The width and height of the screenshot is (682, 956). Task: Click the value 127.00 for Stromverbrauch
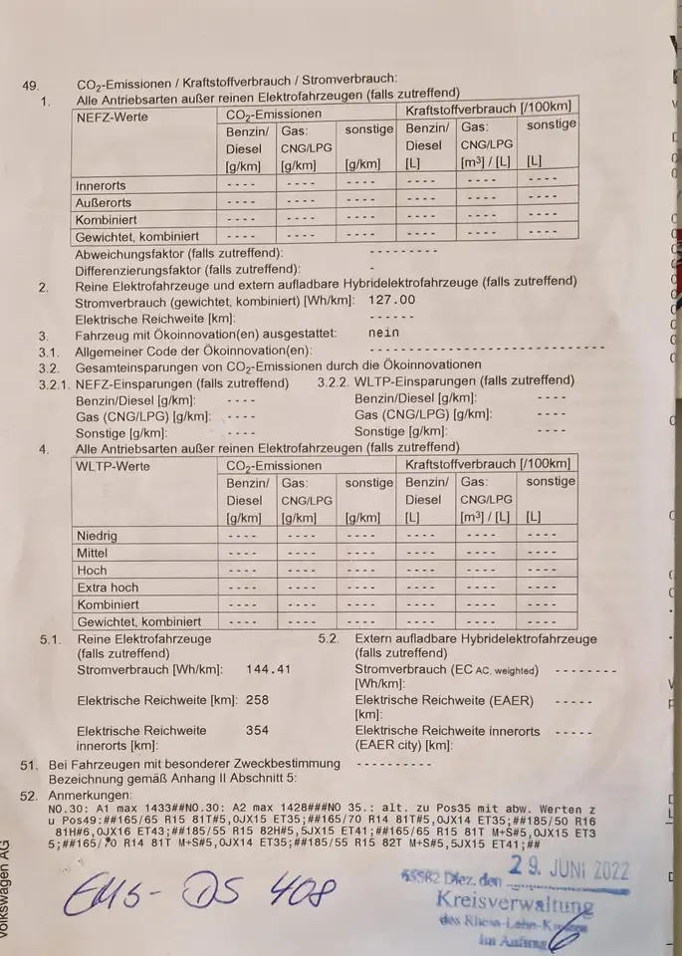391,300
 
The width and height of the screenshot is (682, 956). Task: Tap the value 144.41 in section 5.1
269,670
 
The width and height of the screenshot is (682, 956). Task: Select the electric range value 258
257,700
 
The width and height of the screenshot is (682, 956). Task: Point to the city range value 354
257,730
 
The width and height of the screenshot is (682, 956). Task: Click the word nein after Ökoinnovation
383,334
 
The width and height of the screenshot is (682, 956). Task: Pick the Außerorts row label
104,203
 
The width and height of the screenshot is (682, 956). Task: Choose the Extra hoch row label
108,588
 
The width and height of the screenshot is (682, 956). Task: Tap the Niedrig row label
97,536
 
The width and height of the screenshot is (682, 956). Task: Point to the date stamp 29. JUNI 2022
569,868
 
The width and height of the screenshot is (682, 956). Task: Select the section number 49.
30,86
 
